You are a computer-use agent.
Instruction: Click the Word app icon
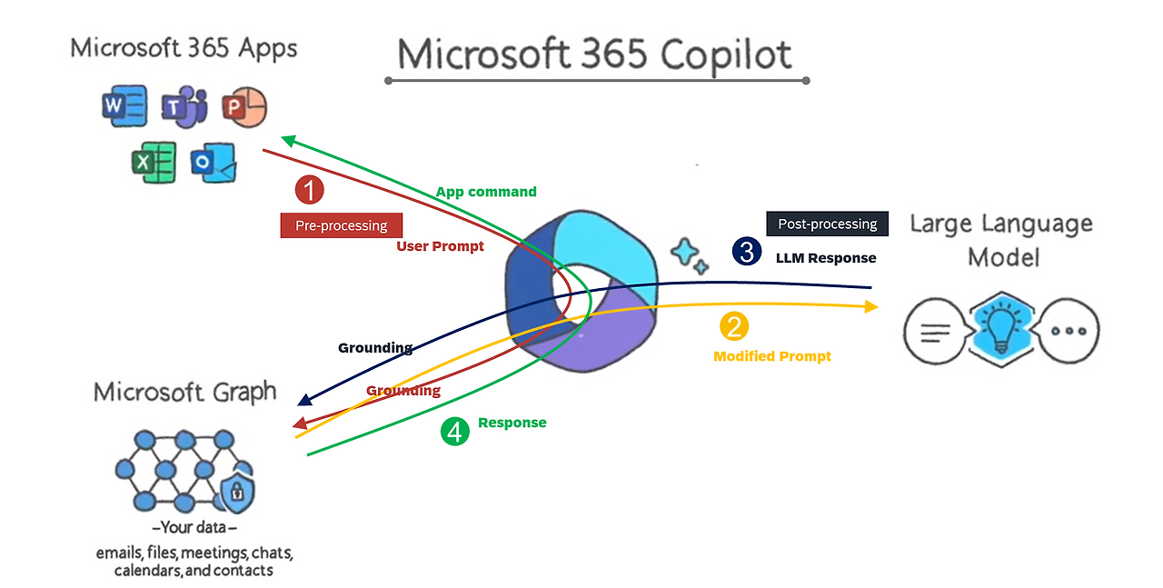pyautogui.click(x=124, y=106)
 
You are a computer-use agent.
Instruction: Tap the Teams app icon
pyautogui.click(x=184, y=107)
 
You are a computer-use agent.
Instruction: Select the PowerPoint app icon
pyautogui.click(x=244, y=107)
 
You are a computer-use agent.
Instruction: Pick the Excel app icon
pyautogui.click(x=154, y=162)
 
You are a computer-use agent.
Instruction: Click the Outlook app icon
pyautogui.click(x=214, y=163)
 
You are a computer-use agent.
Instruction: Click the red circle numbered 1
pyautogui.click(x=310, y=190)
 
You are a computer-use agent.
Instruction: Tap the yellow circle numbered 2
pyautogui.click(x=734, y=326)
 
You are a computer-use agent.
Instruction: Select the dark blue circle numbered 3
pyautogui.click(x=747, y=252)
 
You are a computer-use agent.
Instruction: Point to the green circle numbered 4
pyautogui.click(x=455, y=431)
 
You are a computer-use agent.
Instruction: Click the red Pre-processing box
pyautogui.click(x=341, y=225)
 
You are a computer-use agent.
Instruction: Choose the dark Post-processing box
pyautogui.click(x=827, y=224)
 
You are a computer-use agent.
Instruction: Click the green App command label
pyautogui.click(x=486, y=192)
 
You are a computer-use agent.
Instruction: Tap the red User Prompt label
pyautogui.click(x=440, y=246)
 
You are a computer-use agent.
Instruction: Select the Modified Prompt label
pyautogui.click(x=772, y=356)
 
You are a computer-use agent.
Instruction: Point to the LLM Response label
pyautogui.click(x=826, y=258)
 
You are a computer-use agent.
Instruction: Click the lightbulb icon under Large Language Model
pyautogui.click(x=1000, y=330)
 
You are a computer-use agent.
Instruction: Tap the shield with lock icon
pyautogui.click(x=237, y=491)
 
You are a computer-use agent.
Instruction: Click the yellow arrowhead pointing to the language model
pyautogui.click(x=871, y=306)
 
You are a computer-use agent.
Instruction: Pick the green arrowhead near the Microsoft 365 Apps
pyautogui.click(x=288, y=141)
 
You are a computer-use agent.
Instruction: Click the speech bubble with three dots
pyautogui.click(x=1068, y=331)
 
